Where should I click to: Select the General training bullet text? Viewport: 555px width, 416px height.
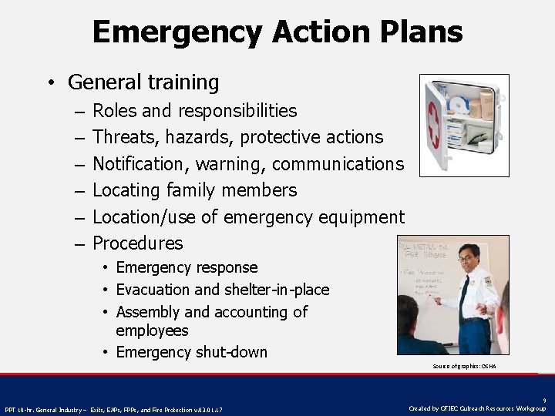(143, 82)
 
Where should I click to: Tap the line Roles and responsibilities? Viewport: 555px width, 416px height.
(194, 111)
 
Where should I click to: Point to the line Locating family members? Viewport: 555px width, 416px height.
(194, 190)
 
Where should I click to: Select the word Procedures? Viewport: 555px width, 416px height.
(138, 243)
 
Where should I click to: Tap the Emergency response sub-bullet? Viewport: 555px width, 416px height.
(187, 267)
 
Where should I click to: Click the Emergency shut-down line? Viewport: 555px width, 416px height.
(191, 352)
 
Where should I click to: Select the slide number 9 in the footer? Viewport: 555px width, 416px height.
(544, 400)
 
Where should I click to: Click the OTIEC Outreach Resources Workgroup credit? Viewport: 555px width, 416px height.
(477, 408)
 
